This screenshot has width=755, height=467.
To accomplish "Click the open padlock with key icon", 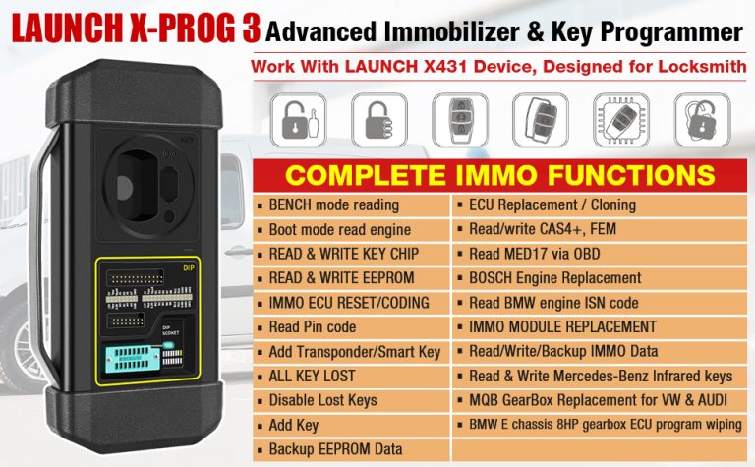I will click(x=301, y=121).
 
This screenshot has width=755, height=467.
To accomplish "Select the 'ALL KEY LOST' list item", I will click(x=312, y=376).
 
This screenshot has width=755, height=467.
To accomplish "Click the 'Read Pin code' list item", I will click(x=312, y=326).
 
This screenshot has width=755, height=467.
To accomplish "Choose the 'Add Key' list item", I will click(x=293, y=425).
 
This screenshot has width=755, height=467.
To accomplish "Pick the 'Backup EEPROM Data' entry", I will click(x=335, y=449).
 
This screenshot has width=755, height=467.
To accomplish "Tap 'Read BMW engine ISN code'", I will click(x=553, y=303).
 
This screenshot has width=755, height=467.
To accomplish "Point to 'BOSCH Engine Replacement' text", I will click(x=554, y=278).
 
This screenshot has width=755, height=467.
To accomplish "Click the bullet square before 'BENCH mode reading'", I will click(x=260, y=205).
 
